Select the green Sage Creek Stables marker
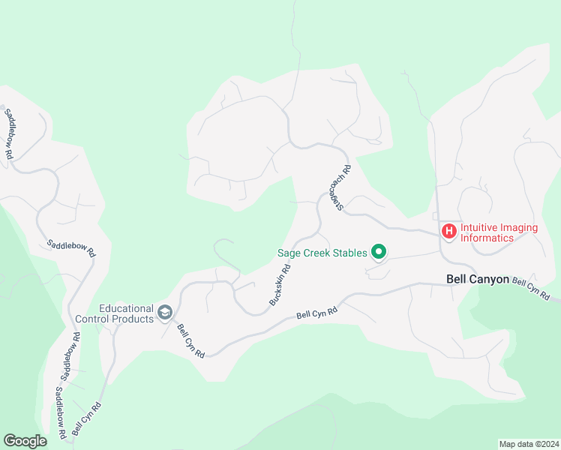379,253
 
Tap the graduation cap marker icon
165,313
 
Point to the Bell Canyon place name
477,278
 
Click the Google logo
25,441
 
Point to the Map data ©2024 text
529,443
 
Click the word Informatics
487,238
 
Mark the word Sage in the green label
289,253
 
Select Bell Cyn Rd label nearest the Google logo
87,419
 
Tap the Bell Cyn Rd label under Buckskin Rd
317,313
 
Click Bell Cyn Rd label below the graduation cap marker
190,340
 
